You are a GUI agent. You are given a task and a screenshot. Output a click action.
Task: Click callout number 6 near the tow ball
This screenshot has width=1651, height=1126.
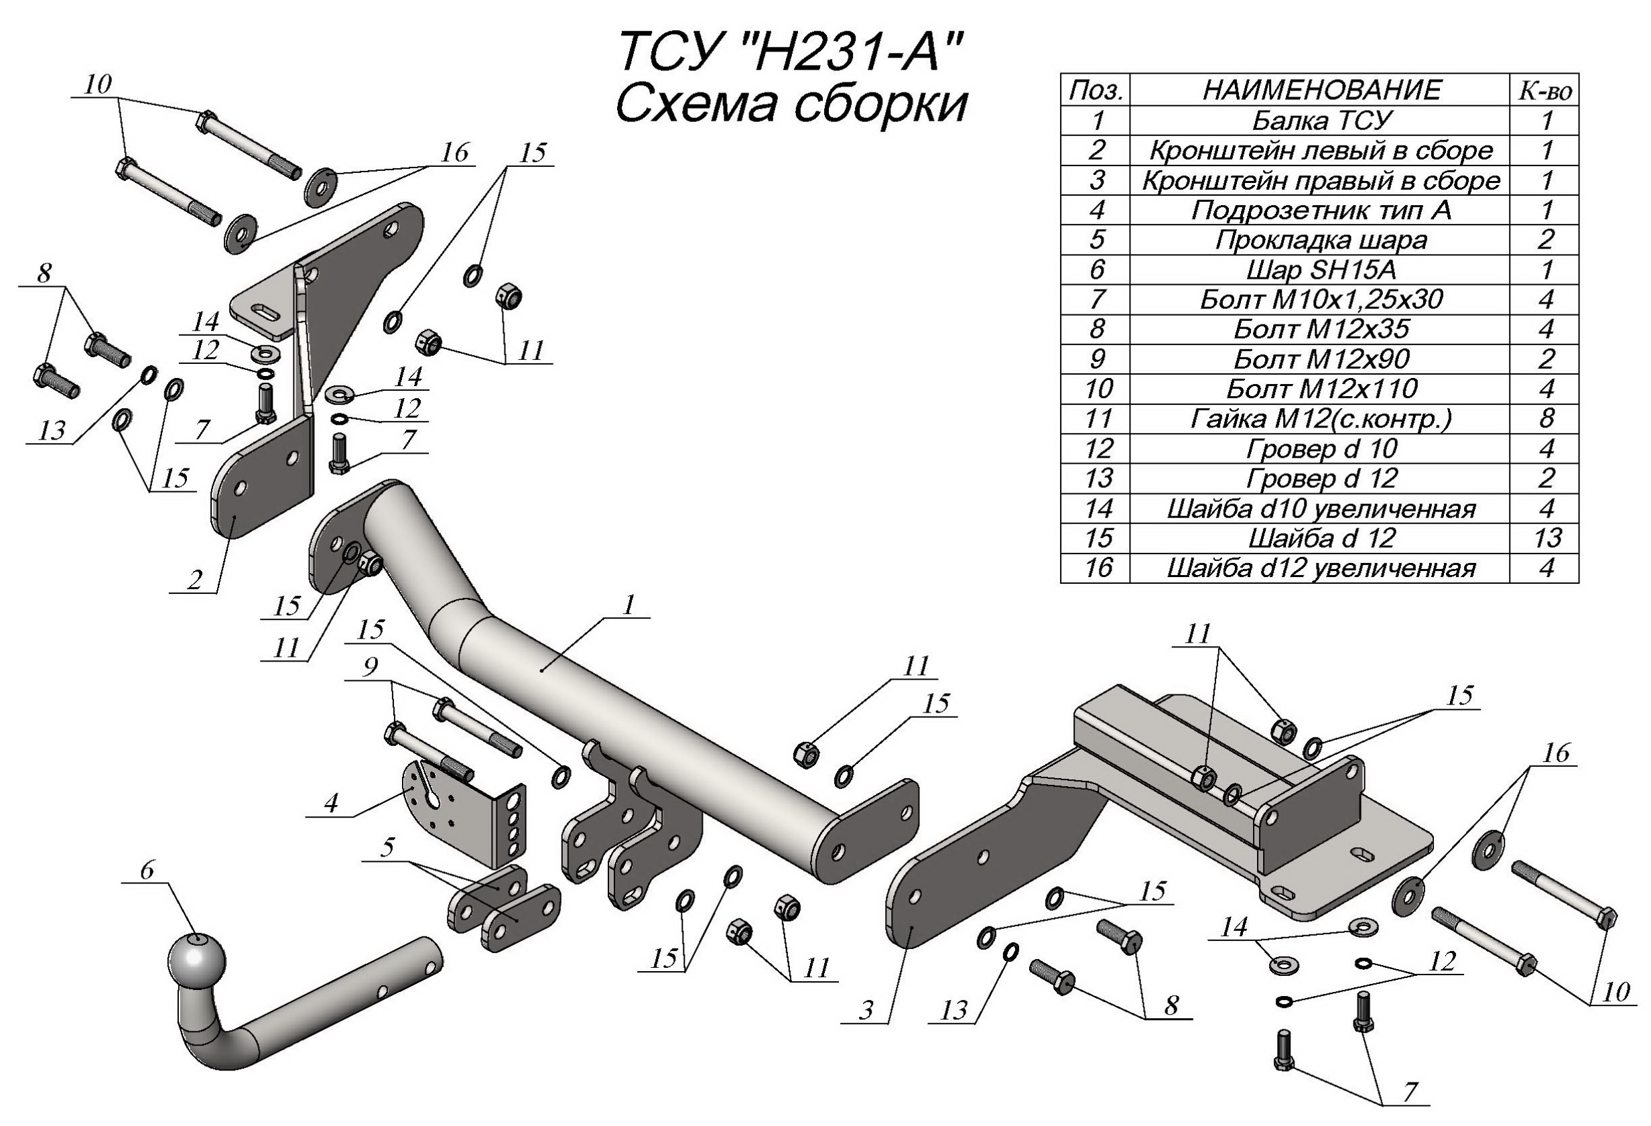[x=147, y=869]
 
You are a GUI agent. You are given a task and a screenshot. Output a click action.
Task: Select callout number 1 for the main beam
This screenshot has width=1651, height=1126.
[x=628, y=605]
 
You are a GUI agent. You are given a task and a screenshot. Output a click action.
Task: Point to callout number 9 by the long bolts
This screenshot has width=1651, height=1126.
[x=369, y=666]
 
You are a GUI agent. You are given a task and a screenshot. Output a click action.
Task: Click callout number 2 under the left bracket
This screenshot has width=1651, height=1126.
[x=195, y=580]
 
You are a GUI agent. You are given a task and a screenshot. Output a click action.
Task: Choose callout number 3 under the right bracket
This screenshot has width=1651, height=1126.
[x=865, y=1009]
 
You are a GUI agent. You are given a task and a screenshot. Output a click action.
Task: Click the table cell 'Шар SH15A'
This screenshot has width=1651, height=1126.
[x=1321, y=270]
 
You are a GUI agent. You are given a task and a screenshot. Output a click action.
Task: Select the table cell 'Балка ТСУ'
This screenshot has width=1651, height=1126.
[x=1321, y=121]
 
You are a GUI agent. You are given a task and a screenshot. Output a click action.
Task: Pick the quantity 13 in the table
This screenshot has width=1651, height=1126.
[x=1546, y=538]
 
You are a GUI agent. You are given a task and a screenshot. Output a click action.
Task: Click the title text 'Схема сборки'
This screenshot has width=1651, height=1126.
[x=791, y=105]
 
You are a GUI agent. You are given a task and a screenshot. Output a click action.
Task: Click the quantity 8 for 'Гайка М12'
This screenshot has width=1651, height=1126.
[x=1546, y=419]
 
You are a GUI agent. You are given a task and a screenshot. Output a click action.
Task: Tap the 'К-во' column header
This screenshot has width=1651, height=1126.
[x=1546, y=90]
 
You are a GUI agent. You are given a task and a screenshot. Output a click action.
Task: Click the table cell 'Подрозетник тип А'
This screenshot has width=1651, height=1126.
[x=1321, y=210]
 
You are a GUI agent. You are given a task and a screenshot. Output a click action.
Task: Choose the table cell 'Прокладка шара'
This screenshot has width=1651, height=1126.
[x=1321, y=240]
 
